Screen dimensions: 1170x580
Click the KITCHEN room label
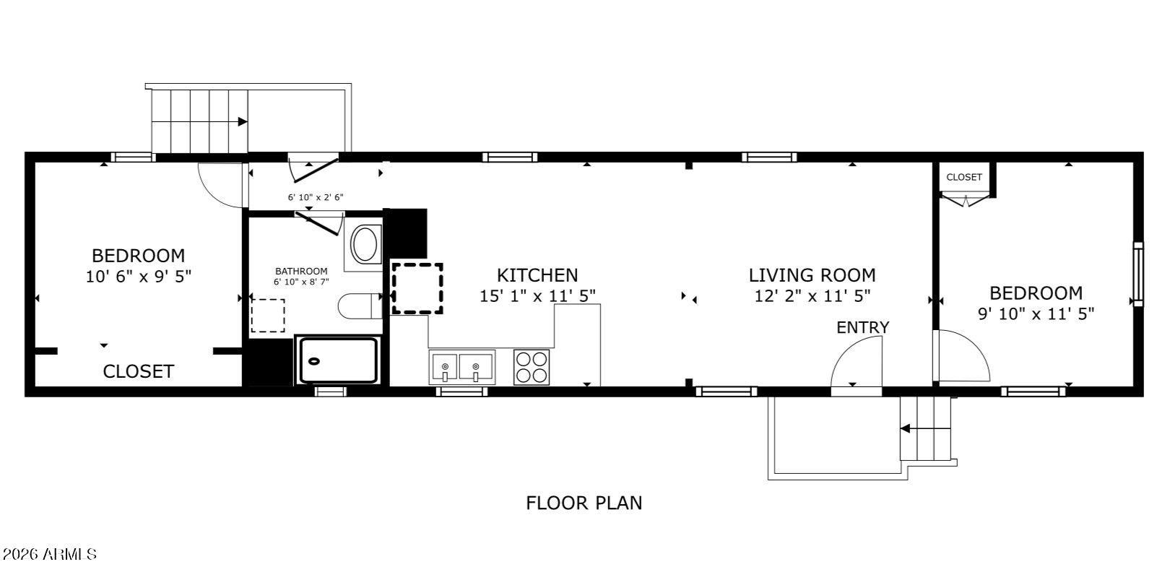coord(537,275)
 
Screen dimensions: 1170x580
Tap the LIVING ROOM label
coord(812,275)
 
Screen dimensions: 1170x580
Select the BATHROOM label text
coord(301,271)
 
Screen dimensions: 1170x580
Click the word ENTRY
coord(862,328)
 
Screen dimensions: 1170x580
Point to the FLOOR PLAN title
coord(584,503)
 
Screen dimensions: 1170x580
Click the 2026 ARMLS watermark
coord(49,555)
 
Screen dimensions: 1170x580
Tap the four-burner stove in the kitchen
coord(532,368)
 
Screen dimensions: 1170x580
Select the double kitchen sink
coord(461,368)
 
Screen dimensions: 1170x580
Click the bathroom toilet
coord(360,306)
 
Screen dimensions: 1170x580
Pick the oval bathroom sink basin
coord(365,244)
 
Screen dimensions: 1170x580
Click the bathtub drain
coord(314,361)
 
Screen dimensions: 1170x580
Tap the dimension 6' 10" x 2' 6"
coord(316,197)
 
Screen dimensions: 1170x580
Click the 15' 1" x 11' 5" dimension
coord(537,296)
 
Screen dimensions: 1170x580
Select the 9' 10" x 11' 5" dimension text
coord(1036,314)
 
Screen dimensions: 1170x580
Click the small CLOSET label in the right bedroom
coord(963,177)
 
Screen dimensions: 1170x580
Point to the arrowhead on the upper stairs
coord(243,122)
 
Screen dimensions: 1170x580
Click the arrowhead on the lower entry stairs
coord(905,429)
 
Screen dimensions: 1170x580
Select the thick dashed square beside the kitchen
coord(418,289)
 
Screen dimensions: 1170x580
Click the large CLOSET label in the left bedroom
coord(138,371)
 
